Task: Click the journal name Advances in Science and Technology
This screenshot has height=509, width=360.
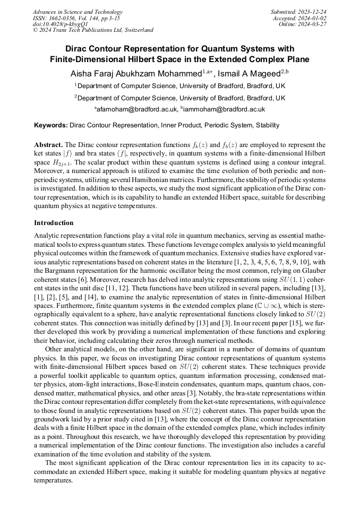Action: tap(78, 12)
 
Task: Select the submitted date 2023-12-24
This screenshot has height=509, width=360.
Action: tap(313, 12)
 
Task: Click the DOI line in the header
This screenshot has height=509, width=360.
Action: tap(60, 24)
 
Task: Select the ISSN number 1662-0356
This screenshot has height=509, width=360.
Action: tap(64, 18)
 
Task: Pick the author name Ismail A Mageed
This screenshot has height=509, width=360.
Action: tap(248, 73)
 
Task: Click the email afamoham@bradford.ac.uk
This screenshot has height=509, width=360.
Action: tap(136, 109)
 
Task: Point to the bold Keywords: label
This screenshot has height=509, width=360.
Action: tap(51, 126)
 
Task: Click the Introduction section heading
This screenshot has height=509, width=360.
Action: tap(54, 223)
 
